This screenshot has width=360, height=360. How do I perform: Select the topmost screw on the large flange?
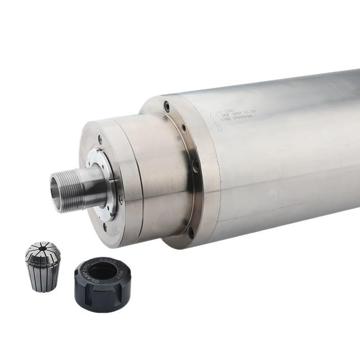click(x=167, y=107)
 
